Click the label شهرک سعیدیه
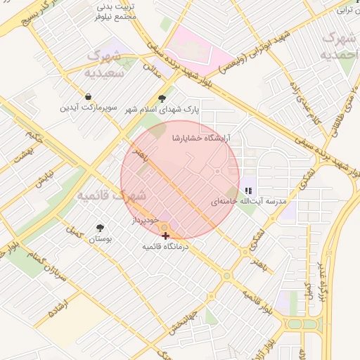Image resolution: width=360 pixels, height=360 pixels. pyautogui.click(x=104, y=63)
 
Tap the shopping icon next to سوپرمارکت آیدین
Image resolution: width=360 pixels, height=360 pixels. pyautogui.click(x=88, y=97)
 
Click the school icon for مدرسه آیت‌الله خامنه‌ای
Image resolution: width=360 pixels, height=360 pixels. pyautogui.click(x=247, y=191)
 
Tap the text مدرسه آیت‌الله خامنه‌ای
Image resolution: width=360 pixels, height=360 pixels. pyautogui.click(x=250, y=201)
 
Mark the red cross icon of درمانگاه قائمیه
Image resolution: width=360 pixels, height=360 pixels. pyautogui.click(x=165, y=236)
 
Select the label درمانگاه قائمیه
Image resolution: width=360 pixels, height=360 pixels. pyautogui.click(x=165, y=247)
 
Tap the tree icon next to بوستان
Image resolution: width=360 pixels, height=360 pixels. pyautogui.click(x=100, y=228)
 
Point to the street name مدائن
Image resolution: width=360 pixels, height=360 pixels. pyautogui.click(x=149, y=67)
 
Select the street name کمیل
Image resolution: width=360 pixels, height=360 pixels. pyautogui.click(x=73, y=230)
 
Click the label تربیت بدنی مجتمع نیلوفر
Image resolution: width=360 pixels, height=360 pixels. pyautogui.click(x=117, y=11)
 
